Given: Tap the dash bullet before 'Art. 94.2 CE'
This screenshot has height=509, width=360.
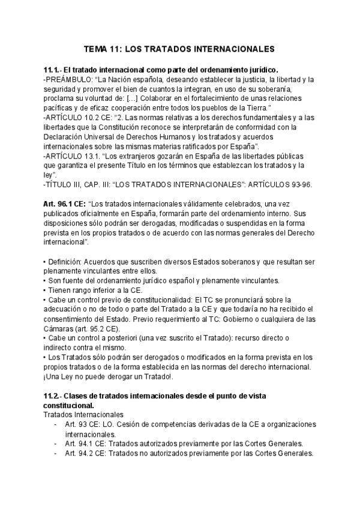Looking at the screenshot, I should coord(55,453).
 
